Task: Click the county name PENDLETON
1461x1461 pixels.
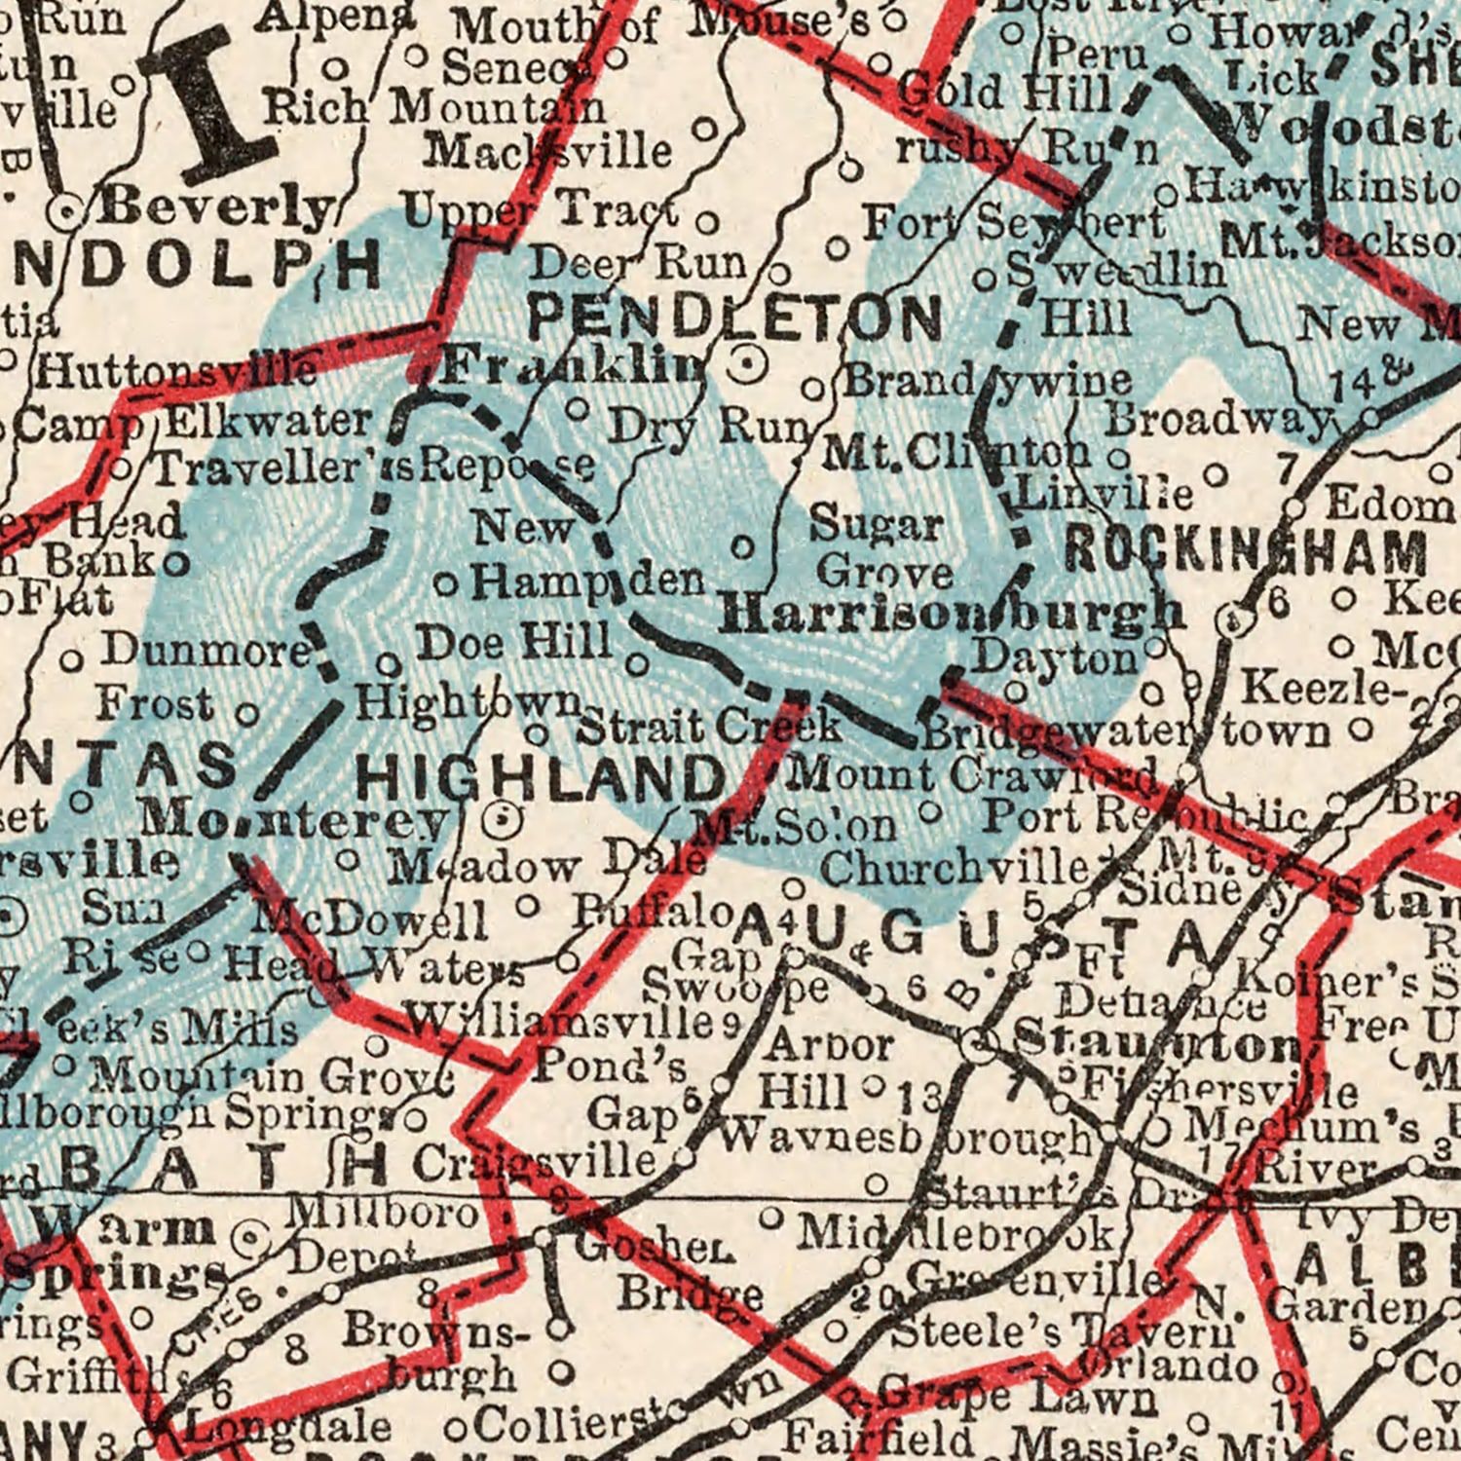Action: pos(735,318)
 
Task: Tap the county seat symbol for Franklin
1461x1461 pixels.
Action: pos(747,365)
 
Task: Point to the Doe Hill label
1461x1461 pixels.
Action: pos(514,643)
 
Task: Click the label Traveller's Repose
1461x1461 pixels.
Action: pos(375,468)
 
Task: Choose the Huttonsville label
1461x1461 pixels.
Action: pos(178,370)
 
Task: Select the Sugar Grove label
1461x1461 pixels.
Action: pos(881,548)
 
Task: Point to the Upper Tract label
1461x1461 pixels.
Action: pos(541,207)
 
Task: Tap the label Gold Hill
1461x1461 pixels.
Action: pos(1003,93)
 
